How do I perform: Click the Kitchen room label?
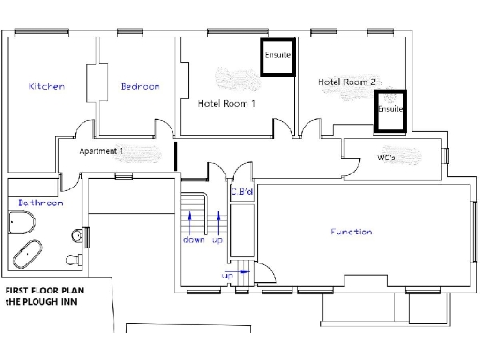(x=47, y=87)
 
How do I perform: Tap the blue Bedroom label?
(x=140, y=87)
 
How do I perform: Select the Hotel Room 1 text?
(x=226, y=103)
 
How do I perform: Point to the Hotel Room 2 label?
(x=346, y=82)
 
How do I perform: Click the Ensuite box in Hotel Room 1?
(x=277, y=56)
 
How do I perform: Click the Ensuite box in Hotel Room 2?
(x=390, y=109)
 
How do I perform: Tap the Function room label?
(x=351, y=232)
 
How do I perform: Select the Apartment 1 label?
(x=101, y=151)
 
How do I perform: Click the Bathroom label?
(x=40, y=202)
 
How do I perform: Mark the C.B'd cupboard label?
(x=243, y=193)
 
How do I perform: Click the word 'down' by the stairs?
(x=193, y=240)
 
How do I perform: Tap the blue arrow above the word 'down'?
(x=193, y=220)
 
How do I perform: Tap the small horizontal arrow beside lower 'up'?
(x=242, y=275)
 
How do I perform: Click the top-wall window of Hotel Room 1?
(x=223, y=33)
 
